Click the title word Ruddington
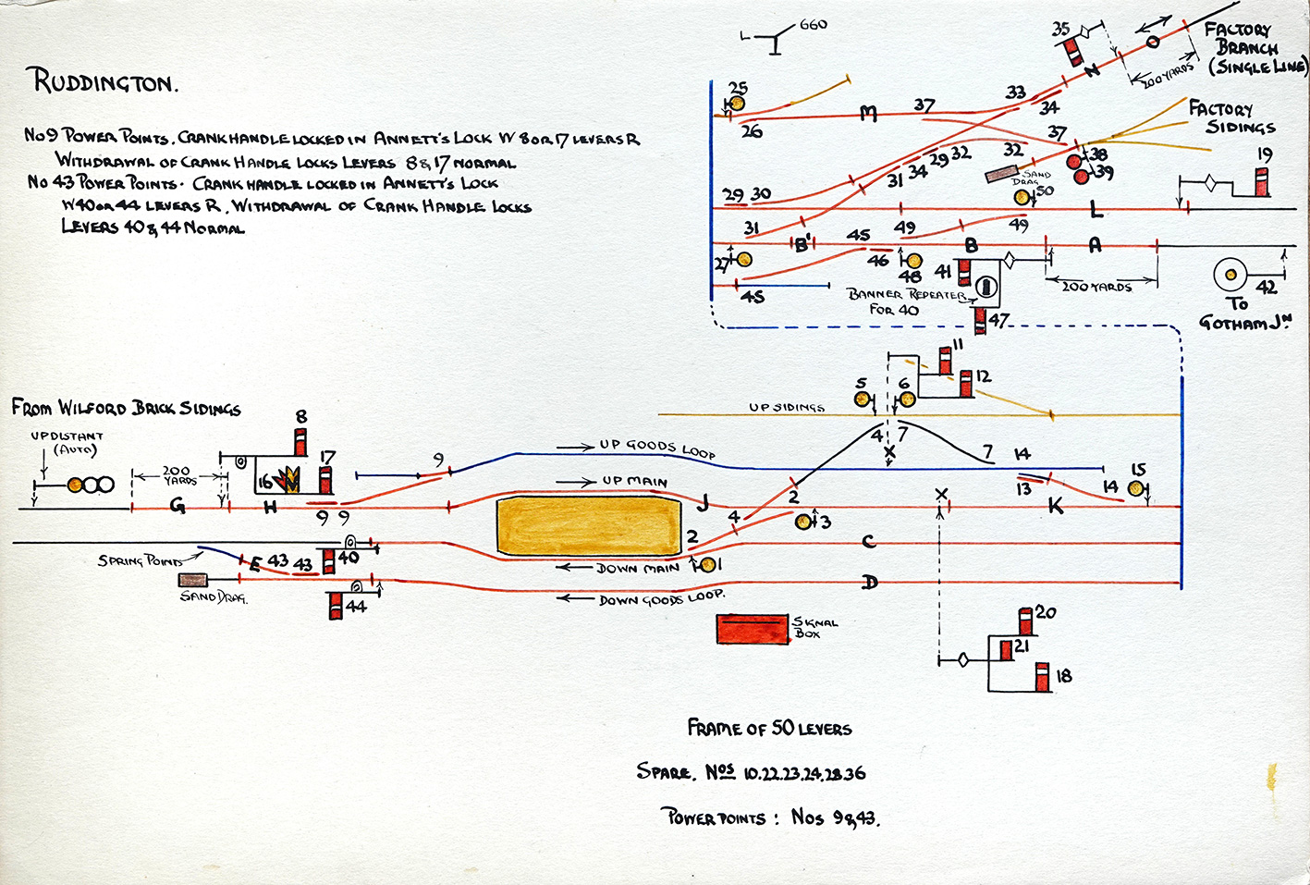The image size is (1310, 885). tap(103, 81)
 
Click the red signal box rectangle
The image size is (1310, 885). tap(753, 629)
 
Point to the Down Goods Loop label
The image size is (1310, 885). tap(660, 598)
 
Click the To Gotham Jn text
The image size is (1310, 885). tap(1243, 313)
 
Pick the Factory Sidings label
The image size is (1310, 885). tap(1230, 118)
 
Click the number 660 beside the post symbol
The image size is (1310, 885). tap(813, 25)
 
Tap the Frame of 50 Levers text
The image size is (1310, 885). tap(769, 729)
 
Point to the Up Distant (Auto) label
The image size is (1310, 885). tap(67, 442)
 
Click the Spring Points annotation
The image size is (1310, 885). tap(140, 560)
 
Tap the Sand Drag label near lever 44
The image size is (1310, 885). tap(214, 597)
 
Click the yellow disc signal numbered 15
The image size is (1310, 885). tap(1136, 488)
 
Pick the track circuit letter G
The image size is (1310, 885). tap(178, 507)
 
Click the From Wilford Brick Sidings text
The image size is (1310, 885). tap(126, 408)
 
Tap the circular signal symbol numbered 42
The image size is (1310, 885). tap(1230, 275)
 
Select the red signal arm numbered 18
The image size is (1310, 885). tap(1043, 677)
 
